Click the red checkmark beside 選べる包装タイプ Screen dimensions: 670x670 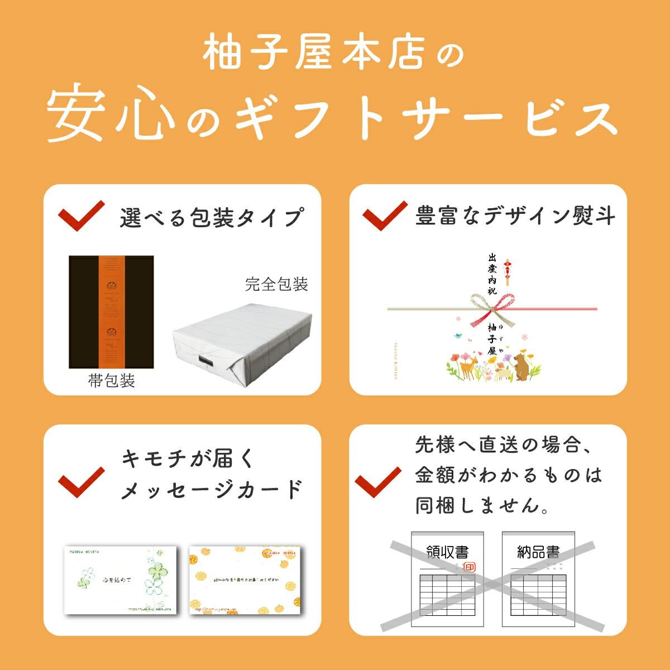click(82, 216)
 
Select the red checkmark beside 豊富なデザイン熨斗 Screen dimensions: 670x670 click(385, 216)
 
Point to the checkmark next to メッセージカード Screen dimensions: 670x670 click(82, 481)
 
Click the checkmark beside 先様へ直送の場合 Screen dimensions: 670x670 click(378, 481)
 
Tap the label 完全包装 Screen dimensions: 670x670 click(276, 284)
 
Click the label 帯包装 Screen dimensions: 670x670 click(111, 381)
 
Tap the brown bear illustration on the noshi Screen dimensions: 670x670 click(522, 366)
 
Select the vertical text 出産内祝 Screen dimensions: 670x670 click(492, 273)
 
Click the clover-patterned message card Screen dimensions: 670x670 click(120, 579)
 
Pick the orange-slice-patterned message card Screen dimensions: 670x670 click(245, 579)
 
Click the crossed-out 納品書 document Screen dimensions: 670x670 click(538, 578)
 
